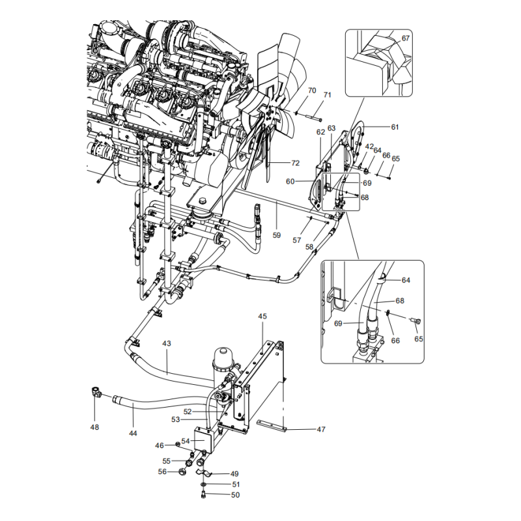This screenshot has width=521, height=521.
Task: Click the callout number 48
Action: pyautogui.click(x=95, y=427)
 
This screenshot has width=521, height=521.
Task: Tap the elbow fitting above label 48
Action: pyautogui.click(x=96, y=392)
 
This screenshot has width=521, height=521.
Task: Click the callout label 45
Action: pyautogui.click(x=262, y=317)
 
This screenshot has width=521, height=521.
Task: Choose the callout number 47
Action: pyautogui.click(x=321, y=429)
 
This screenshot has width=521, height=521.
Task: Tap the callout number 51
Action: pyautogui.click(x=236, y=485)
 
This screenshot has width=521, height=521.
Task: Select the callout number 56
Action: pyautogui.click(x=163, y=472)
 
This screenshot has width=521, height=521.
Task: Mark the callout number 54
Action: pyautogui.click(x=186, y=441)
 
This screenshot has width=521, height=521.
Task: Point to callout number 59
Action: pyautogui.click(x=277, y=236)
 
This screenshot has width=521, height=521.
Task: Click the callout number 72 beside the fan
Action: pyautogui.click(x=295, y=162)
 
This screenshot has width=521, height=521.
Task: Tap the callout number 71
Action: pyautogui.click(x=328, y=95)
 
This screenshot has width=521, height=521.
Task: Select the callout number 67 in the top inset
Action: pyautogui.click(x=406, y=38)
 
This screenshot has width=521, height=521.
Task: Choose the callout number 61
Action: pyautogui.click(x=394, y=126)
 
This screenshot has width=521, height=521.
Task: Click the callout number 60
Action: pyautogui.click(x=290, y=181)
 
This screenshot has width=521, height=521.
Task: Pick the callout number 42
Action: pyautogui.click(x=369, y=147)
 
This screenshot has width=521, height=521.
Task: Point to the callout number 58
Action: pyautogui.click(x=309, y=247)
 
